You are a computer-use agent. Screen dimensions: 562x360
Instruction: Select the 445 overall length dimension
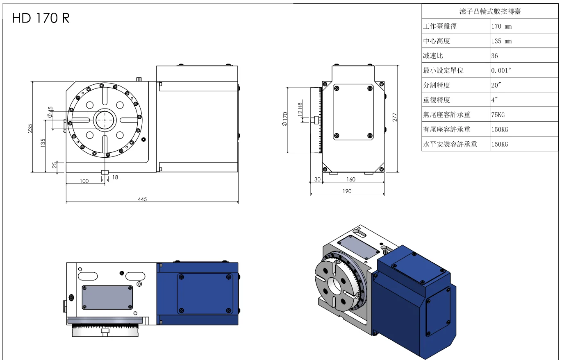[x=142, y=199]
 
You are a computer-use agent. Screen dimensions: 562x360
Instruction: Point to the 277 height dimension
[x=395, y=118]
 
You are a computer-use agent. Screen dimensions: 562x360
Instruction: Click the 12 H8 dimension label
[x=300, y=109]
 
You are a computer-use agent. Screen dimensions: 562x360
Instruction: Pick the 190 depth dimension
[x=347, y=191]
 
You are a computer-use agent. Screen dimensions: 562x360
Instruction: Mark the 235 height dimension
[x=30, y=128]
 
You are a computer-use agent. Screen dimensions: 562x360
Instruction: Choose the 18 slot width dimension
[x=115, y=177]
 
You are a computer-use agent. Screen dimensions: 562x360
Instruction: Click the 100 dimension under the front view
[x=84, y=181]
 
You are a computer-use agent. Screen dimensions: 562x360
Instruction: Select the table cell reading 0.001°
[x=501, y=70]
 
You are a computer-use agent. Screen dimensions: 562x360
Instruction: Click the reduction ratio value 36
[x=494, y=56]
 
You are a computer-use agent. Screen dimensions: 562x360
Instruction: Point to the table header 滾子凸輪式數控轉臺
[x=490, y=11]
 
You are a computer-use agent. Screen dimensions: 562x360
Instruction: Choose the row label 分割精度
[x=437, y=85]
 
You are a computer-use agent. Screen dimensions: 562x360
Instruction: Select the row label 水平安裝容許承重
[x=450, y=144]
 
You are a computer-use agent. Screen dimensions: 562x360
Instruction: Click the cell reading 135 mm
[x=501, y=41]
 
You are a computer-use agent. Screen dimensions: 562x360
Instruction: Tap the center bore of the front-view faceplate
[x=105, y=120]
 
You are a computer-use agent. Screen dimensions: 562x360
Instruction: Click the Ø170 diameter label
[x=285, y=119]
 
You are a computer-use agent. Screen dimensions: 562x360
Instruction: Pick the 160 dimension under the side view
[x=351, y=179]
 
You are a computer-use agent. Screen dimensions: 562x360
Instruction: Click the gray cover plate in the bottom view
[x=107, y=297]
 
